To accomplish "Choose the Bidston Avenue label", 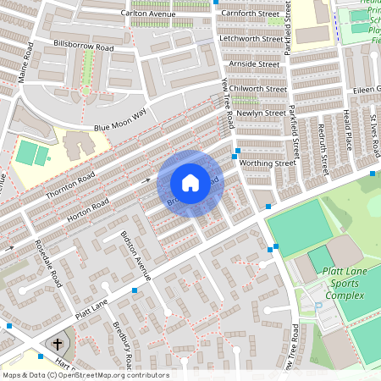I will point(135,255).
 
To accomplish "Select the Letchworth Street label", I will point(250,39).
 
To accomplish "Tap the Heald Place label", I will point(347,124).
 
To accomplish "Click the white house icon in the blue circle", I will point(190,183).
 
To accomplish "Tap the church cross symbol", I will point(58,344).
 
